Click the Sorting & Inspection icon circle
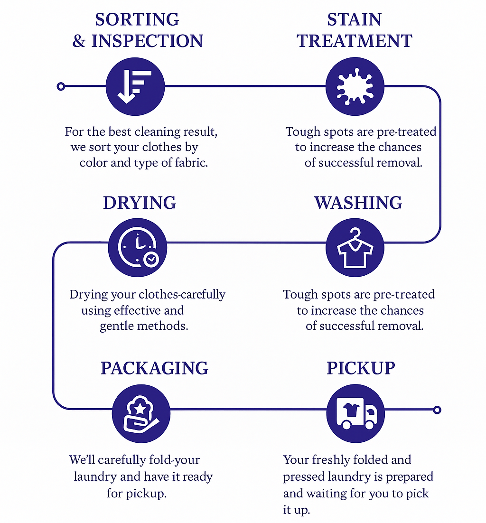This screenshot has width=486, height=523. tap(135, 86)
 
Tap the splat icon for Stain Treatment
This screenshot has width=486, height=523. tap(354, 86)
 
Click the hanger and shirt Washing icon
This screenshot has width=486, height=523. tap(354, 248)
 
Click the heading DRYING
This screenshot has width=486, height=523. tap(140, 203)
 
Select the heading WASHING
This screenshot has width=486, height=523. tap(358, 203)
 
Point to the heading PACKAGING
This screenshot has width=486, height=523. tap(154, 368)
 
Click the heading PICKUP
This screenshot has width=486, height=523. tap(361, 368)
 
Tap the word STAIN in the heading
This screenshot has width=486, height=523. tap(355, 19)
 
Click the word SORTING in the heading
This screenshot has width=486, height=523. tap(137, 19)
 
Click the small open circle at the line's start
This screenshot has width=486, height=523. tap(61, 86)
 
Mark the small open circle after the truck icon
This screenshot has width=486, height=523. tap(438, 410)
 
